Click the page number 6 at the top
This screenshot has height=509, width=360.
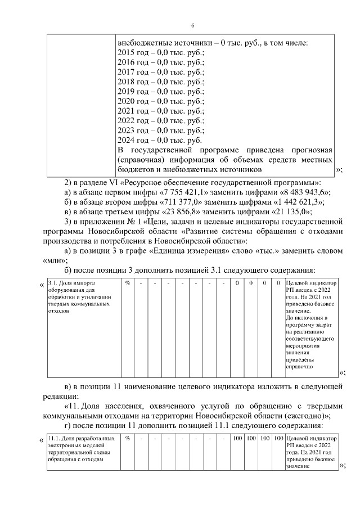pyautogui.click(x=192, y=26)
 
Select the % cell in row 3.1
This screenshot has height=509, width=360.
pyautogui.click(x=128, y=283)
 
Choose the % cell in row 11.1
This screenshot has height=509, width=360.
pyautogui.click(x=128, y=438)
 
